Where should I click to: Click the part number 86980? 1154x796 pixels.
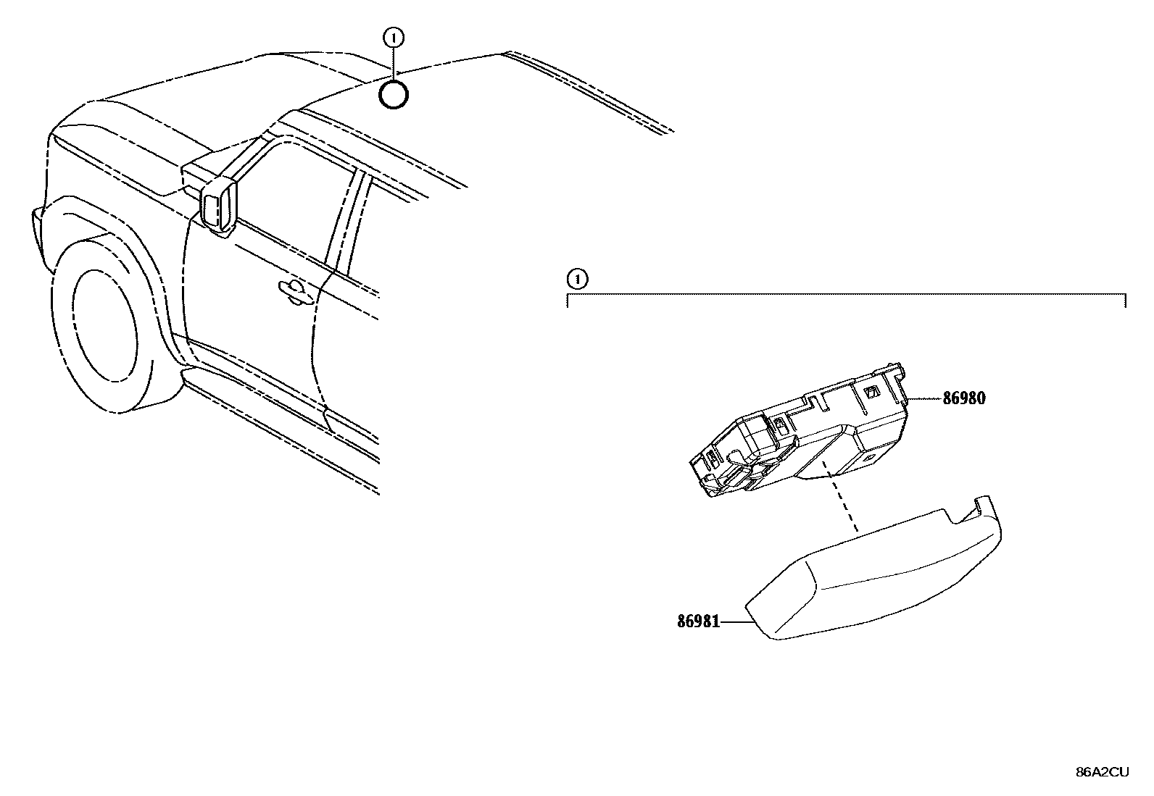coord(964,398)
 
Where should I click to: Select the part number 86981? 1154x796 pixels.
coord(698,621)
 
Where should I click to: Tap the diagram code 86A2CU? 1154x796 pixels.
coord(1102,772)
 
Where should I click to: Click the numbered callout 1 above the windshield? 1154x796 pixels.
coord(394,37)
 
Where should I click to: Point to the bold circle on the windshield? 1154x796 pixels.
coord(394,95)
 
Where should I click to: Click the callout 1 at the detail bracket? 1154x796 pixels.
coord(576,277)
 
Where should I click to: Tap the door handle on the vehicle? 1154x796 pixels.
coord(294,290)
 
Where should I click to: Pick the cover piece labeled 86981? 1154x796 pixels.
coord(877,579)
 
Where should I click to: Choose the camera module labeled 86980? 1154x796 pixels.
coord(797,442)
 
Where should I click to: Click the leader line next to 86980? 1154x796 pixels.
coord(924,398)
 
